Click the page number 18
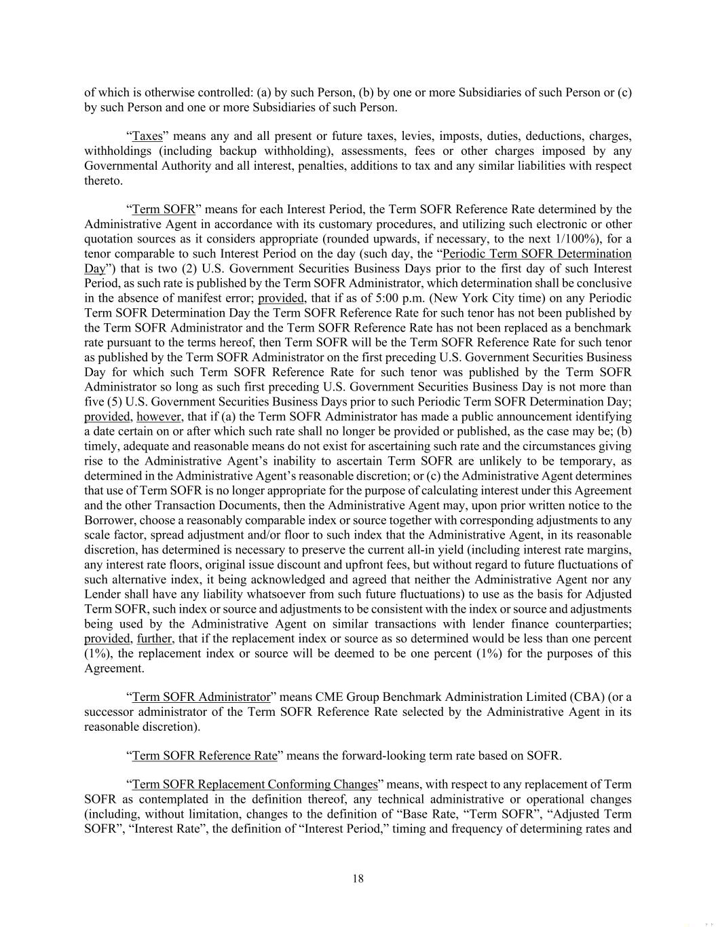(358, 879)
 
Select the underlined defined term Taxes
(147, 136)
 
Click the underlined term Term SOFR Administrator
(201, 697)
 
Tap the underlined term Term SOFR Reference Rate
(204, 755)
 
